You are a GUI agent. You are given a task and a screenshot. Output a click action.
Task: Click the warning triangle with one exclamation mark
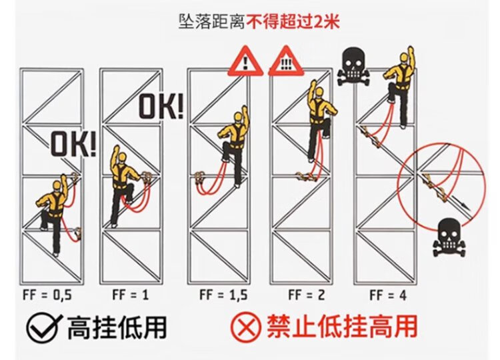pyautogui.click(x=245, y=61)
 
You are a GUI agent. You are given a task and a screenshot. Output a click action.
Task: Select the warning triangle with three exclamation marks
pyautogui.click(x=285, y=61)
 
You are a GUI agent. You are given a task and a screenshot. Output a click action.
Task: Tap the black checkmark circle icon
pyautogui.click(x=44, y=327)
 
